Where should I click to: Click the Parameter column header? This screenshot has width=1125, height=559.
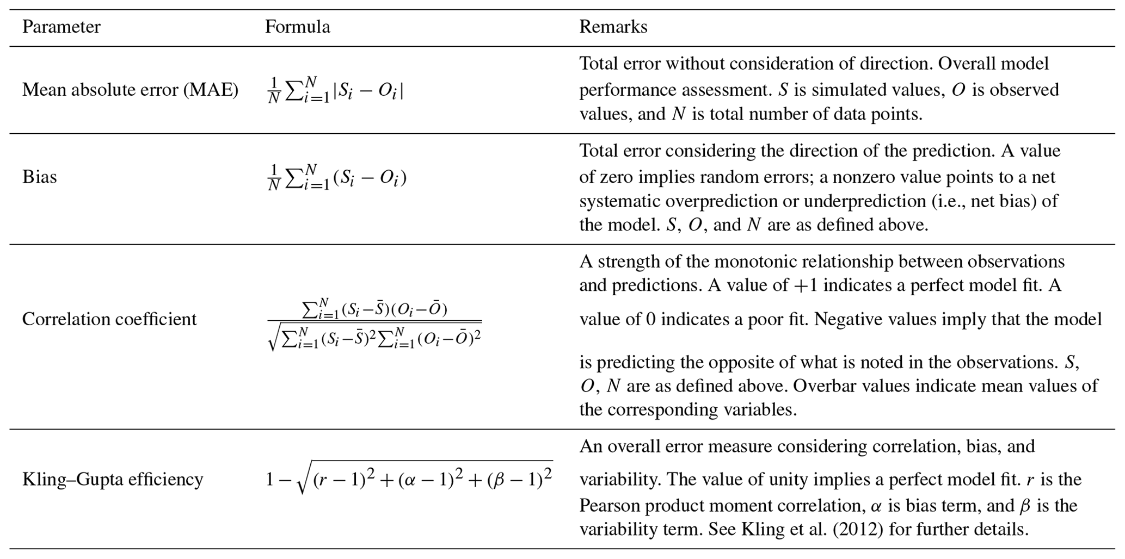(x=61, y=27)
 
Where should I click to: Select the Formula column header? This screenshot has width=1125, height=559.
(x=297, y=27)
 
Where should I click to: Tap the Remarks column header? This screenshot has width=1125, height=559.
(x=613, y=27)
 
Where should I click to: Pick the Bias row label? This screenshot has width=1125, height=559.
(x=39, y=177)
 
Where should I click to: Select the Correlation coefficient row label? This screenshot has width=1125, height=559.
(x=109, y=319)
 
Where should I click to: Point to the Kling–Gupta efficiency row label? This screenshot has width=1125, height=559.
(x=113, y=480)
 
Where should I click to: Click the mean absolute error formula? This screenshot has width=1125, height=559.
(x=335, y=90)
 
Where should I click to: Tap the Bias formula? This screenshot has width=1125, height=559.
(x=337, y=177)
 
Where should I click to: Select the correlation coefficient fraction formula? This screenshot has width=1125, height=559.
(x=374, y=324)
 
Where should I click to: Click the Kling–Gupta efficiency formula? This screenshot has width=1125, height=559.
(x=409, y=479)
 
